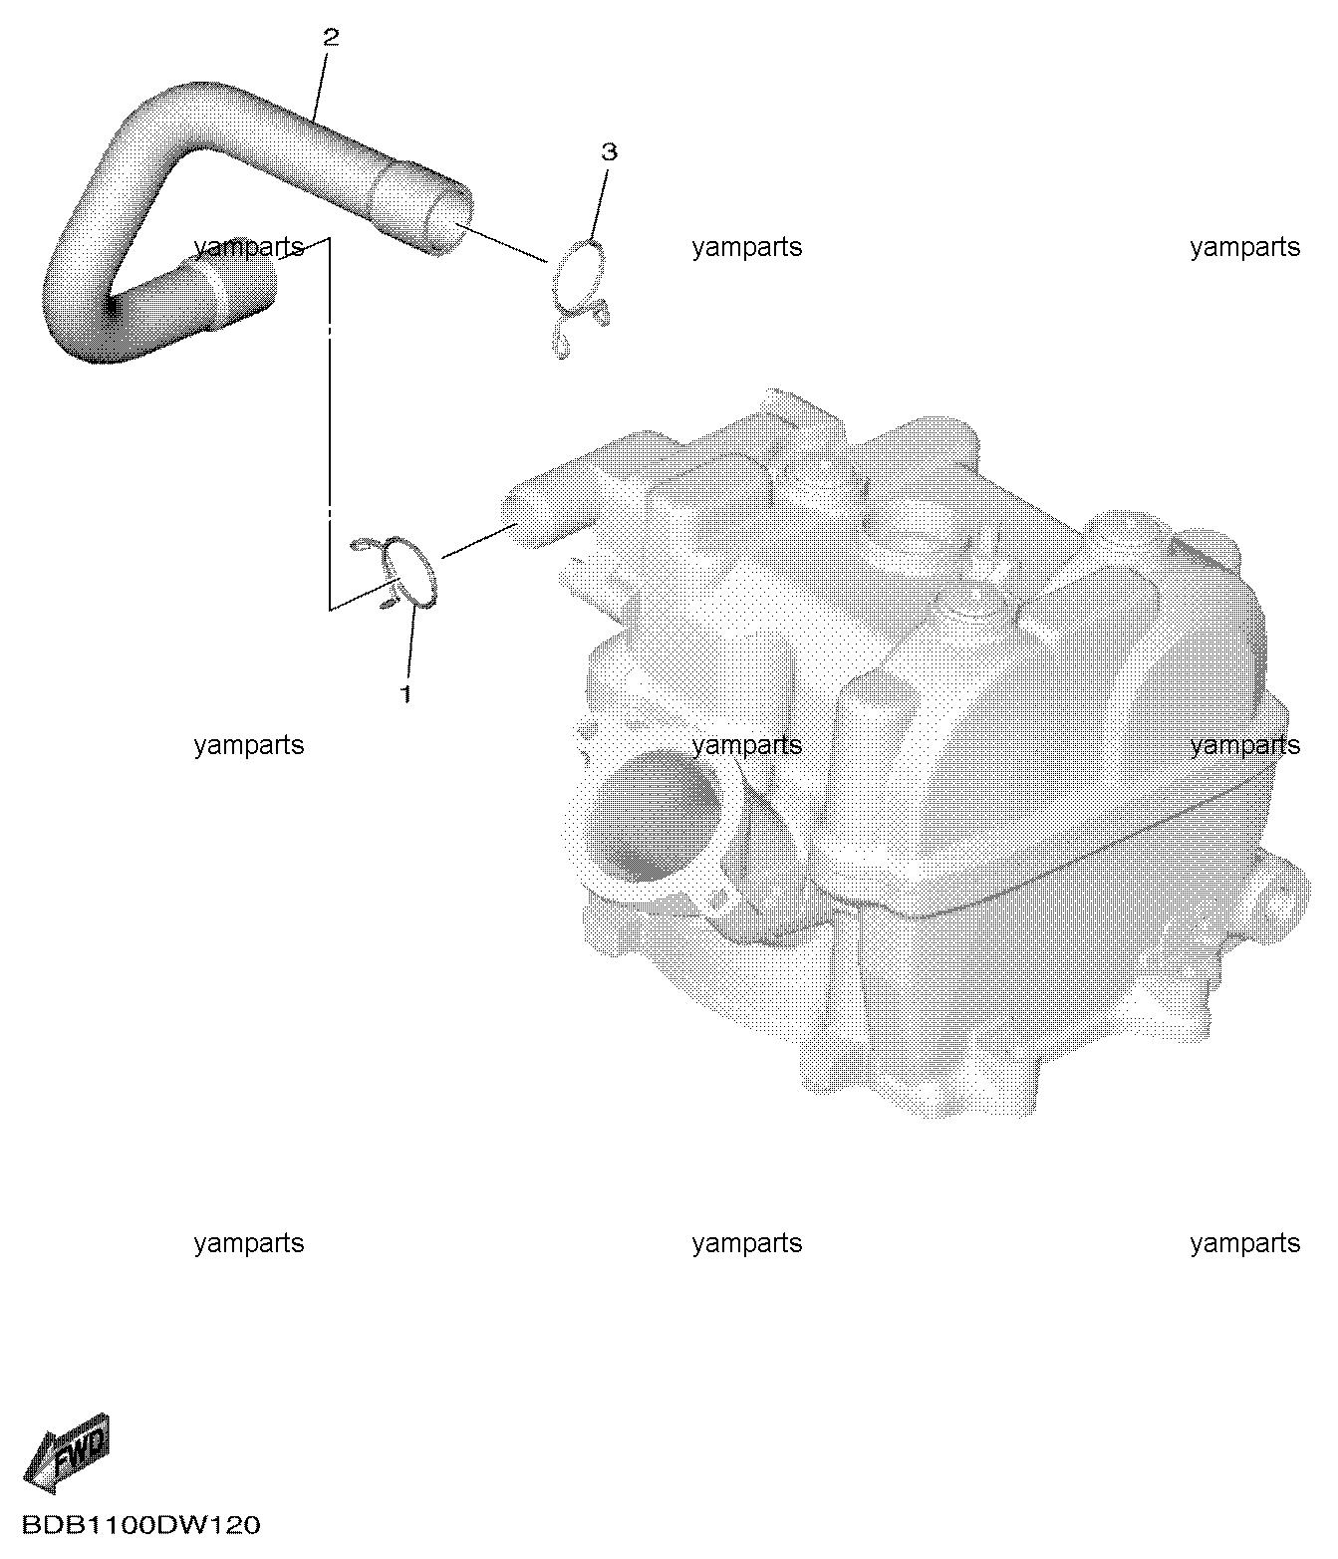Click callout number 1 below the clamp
pos(405,693)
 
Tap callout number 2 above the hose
pos(331,37)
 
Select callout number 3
pos(609,151)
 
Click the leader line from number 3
pos(599,203)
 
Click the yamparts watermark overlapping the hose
pos(249,247)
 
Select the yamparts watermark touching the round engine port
pos(746,745)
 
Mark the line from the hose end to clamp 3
pos(501,241)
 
